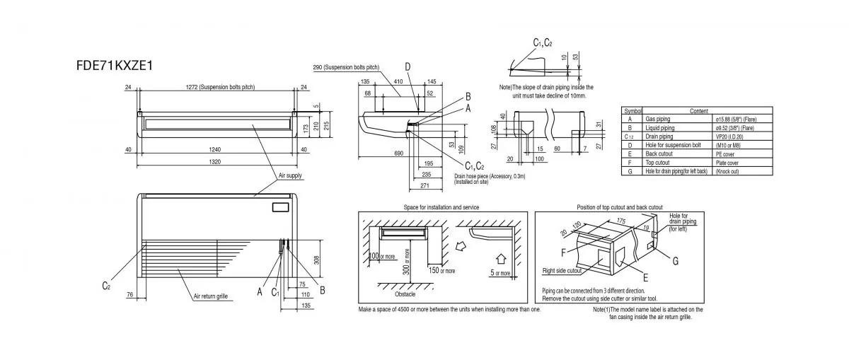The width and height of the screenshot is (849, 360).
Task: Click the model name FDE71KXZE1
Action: [115, 65]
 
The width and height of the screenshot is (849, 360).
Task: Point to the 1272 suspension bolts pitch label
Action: [217, 87]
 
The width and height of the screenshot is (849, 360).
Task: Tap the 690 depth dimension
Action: [379, 153]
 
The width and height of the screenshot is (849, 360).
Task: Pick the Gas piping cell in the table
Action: [659, 120]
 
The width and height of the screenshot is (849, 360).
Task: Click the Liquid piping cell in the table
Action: [660, 128]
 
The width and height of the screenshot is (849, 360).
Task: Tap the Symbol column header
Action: [632, 111]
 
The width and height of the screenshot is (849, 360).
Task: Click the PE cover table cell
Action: [724, 153]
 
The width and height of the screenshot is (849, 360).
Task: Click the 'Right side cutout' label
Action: [562, 270]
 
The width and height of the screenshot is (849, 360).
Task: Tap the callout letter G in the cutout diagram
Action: [675, 261]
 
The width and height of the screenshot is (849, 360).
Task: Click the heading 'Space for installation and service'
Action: [441, 207]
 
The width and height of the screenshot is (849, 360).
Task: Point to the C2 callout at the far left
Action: [106, 285]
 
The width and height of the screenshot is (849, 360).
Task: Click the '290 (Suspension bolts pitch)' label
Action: [345, 67]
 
